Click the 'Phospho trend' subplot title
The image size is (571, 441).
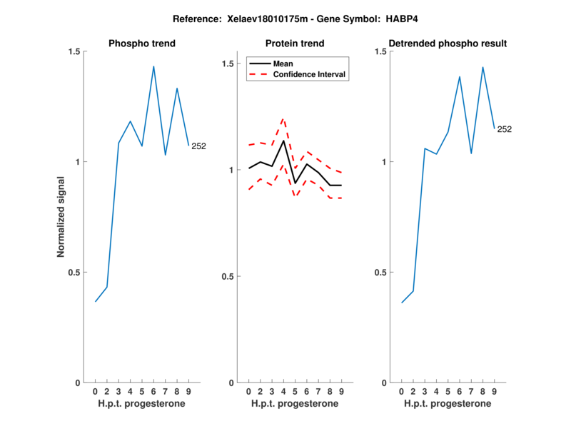pyautogui.click(x=142, y=44)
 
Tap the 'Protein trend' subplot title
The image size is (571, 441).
pyautogui.click(x=295, y=44)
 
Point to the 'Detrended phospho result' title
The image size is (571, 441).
pyautogui.click(x=448, y=44)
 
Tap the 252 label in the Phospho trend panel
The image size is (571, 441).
pyautogui.click(x=199, y=146)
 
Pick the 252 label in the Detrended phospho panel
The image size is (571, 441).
pyautogui.click(x=505, y=129)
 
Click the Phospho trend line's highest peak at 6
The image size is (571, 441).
pyautogui.click(x=153, y=66)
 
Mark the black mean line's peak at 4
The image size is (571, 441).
pyautogui.click(x=283, y=141)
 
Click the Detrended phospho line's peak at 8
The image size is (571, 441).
pyautogui.click(x=483, y=67)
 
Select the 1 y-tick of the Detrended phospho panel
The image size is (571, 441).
pyautogui.click(x=384, y=162)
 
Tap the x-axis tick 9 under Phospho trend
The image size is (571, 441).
pyautogui.click(x=188, y=392)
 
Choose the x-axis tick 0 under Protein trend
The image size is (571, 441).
pyautogui.click(x=248, y=392)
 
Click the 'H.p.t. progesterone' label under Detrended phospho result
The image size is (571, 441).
pyautogui.click(x=448, y=404)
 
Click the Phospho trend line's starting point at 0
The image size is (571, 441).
pyautogui.click(x=96, y=301)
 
